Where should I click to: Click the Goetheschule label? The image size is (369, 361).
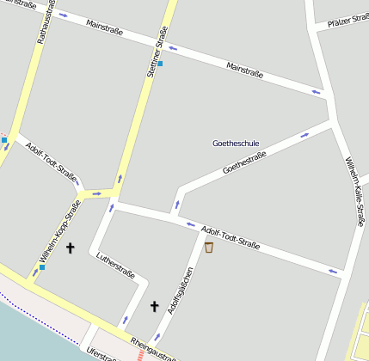[236, 143]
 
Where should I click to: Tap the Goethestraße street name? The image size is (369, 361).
[244, 162]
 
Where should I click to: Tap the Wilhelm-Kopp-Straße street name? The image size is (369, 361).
[59, 231]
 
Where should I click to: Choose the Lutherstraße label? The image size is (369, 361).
[116, 266]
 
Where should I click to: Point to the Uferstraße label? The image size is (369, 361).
[101, 354]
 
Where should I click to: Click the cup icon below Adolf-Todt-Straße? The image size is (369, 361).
[209, 248]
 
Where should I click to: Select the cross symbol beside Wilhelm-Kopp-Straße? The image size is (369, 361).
[71, 248]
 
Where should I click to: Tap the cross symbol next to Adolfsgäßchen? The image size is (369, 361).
[155, 305]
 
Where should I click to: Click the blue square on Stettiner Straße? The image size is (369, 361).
[159, 63]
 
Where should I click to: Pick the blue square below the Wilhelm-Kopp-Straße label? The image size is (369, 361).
[41, 267]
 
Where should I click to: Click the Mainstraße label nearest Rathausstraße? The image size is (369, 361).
[105, 28]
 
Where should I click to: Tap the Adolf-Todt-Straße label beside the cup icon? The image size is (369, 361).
[231, 236]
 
